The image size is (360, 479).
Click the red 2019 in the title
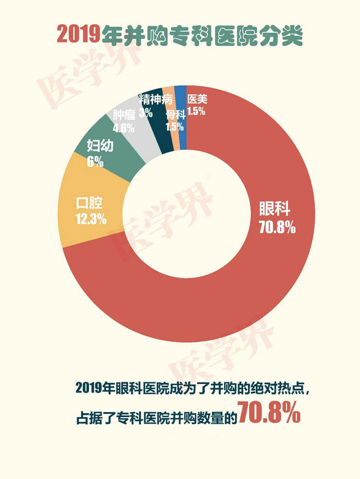79,33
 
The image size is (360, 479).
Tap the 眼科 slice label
275,209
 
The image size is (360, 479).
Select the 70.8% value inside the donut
277,227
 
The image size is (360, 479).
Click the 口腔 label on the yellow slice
90,203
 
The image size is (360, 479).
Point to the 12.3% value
91,219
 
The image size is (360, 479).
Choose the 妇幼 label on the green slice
100,145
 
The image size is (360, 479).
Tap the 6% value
95,162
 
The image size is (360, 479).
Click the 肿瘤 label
124,114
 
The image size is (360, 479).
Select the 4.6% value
124,127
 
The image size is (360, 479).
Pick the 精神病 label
156,99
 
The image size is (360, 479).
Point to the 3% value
146,113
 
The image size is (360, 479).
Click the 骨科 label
176,115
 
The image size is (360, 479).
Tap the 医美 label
197,99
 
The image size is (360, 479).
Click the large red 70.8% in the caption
269,412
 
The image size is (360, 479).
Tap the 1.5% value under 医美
196,111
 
